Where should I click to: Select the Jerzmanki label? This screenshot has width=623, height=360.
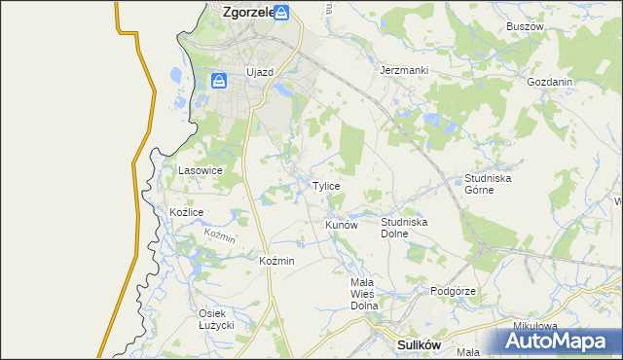pos(404,71)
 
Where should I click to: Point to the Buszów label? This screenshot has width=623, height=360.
pos(524,26)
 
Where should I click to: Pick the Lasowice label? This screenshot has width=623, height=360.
pos(201,170)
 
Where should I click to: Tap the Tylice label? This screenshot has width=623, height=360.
pos(325,186)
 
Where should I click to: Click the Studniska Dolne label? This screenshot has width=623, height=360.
pos(404,228)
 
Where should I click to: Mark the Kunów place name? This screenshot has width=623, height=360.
pos(342,225)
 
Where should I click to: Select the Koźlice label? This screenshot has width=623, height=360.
pos(186,212)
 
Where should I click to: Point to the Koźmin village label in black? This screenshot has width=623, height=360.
pos(276,262)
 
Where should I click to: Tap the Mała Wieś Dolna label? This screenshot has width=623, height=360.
pos(369,293)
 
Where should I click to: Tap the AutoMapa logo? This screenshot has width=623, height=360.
pos(561,341)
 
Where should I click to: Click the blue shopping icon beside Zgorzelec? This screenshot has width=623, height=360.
pos(281,13)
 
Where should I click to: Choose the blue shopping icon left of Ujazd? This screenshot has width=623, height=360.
pos(220,80)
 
